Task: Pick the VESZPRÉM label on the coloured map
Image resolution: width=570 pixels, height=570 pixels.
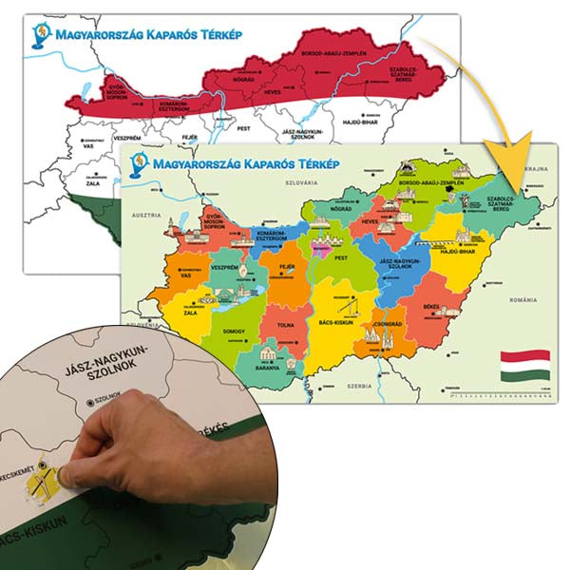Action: point(223,267)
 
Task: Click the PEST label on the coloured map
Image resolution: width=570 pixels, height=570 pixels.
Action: point(341,257)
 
